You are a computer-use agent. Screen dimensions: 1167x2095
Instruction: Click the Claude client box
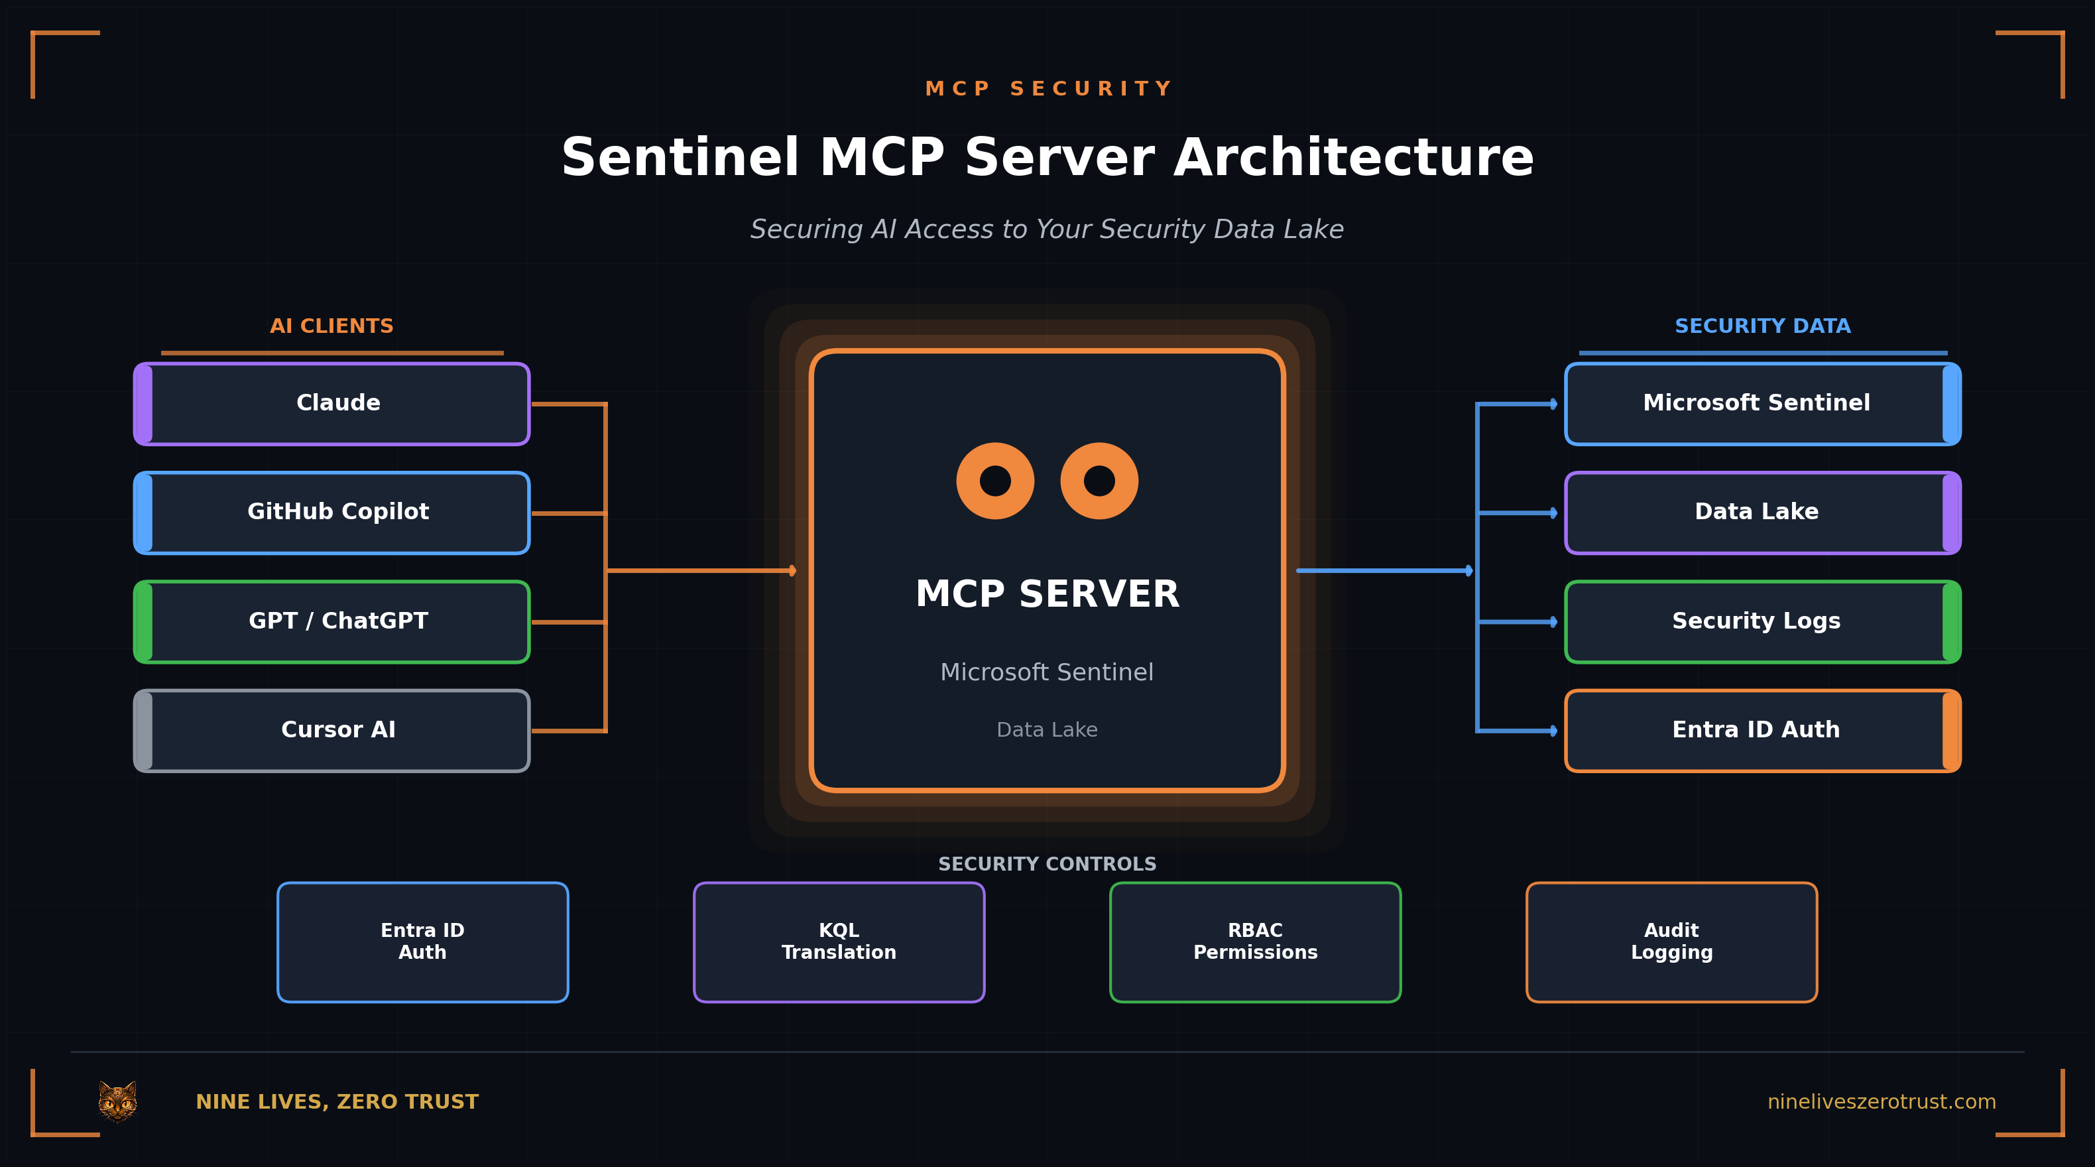331,403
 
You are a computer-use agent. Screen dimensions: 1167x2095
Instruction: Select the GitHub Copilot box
331,513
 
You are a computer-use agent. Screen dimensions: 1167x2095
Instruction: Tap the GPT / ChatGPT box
331,621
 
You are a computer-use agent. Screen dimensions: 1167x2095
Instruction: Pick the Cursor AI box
331,730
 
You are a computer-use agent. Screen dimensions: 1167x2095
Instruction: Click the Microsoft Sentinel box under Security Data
1762,403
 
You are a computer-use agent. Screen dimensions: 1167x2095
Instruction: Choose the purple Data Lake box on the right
1762,513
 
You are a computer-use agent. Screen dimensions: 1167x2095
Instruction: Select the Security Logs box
1762,621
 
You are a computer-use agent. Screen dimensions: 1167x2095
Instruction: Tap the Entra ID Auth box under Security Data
1762,730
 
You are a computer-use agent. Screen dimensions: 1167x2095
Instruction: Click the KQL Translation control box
839,942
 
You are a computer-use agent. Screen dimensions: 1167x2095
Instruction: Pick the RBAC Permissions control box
1255,942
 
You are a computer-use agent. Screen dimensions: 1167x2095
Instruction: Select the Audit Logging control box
1671,942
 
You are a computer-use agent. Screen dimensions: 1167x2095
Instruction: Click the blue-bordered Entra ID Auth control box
422,942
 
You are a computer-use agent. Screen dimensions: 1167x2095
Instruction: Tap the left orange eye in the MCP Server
994,481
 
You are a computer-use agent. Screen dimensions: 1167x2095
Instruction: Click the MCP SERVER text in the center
1047,593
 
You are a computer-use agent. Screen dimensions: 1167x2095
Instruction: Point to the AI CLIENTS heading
331,326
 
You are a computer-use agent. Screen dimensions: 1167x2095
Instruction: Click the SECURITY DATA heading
1762,326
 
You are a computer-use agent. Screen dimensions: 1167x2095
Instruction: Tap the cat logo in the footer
118,1101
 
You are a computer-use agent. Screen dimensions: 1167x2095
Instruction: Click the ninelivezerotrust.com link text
1881,1102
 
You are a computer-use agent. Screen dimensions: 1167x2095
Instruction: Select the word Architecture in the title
1353,158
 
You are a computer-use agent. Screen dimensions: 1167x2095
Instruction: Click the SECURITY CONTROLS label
1047,864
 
